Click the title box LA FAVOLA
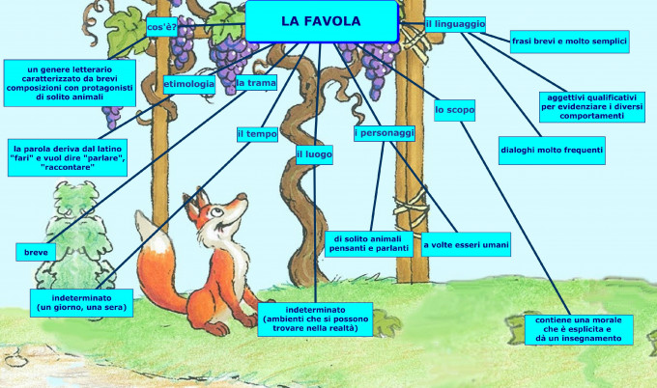[x=321, y=21]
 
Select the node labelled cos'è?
[x=160, y=26]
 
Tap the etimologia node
[x=189, y=84]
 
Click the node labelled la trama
[x=255, y=84]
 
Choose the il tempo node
[x=256, y=134]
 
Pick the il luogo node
[x=315, y=153]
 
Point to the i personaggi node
[x=384, y=133]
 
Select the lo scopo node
[x=454, y=111]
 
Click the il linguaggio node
[x=455, y=22]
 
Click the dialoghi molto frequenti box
[x=552, y=150]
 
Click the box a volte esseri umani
[x=466, y=245]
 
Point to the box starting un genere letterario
[x=69, y=83]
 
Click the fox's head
[x=207, y=214]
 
